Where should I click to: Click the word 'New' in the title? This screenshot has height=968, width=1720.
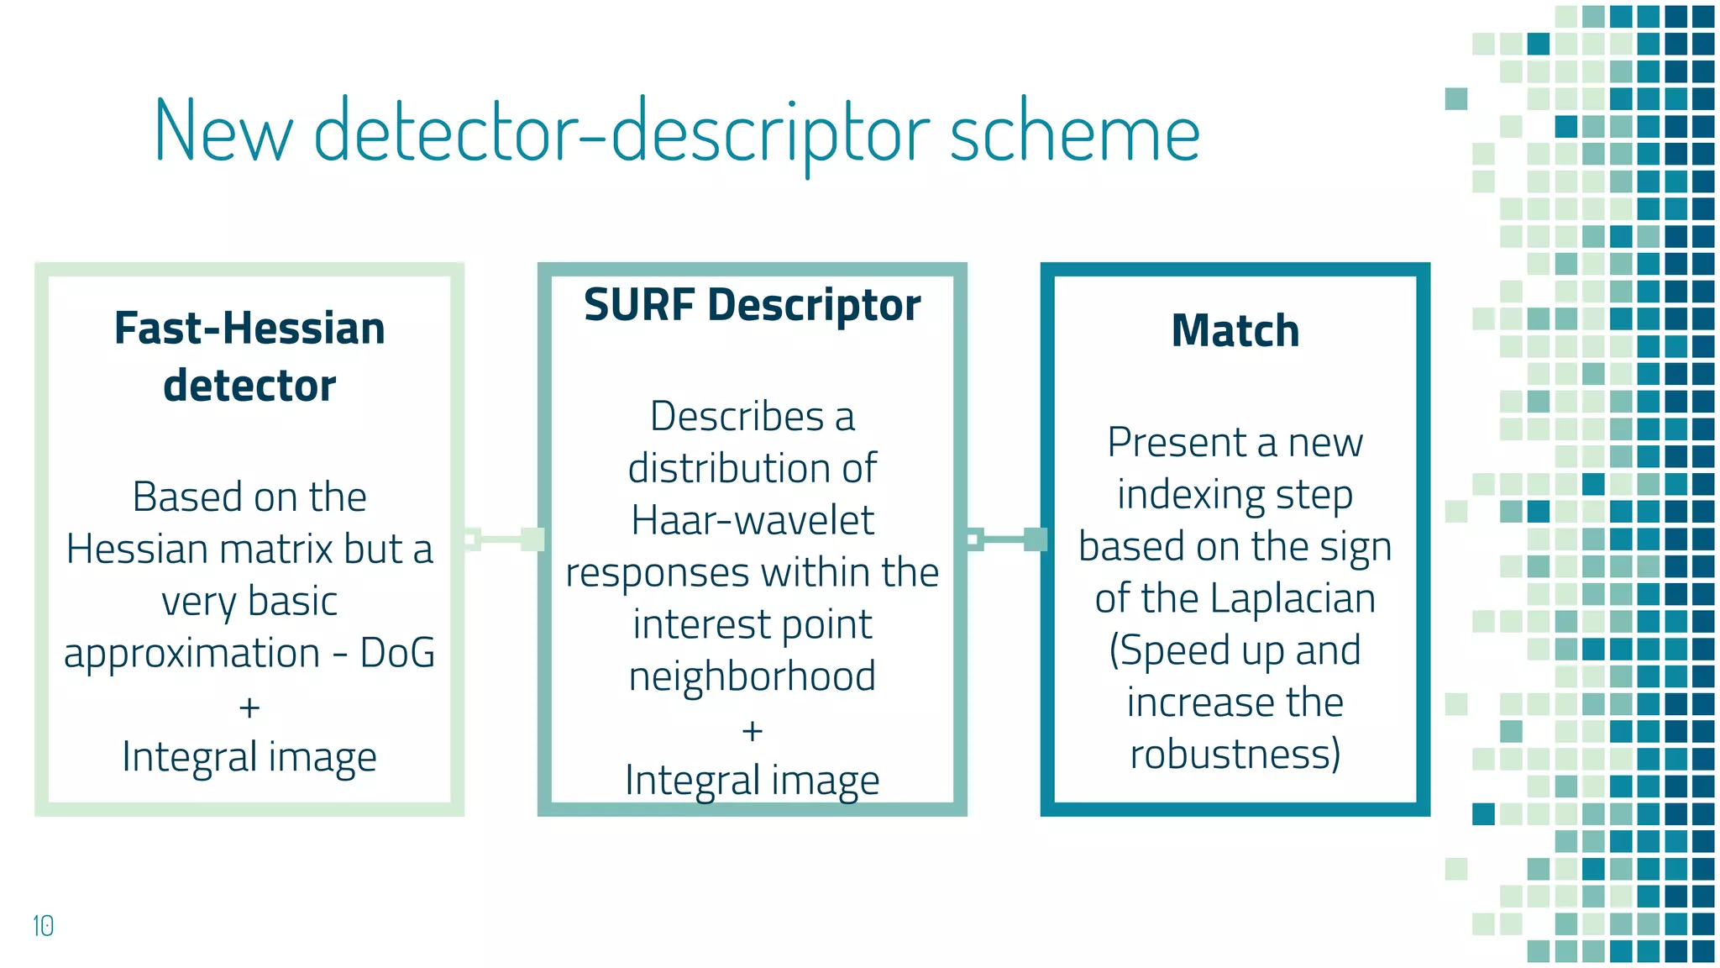click(223, 132)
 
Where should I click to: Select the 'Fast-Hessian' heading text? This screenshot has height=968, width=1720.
click(249, 329)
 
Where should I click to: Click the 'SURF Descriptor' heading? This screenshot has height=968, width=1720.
click(752, 304)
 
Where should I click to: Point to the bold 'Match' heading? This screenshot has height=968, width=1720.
click(1235, 330)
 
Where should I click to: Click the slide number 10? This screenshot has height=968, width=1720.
click(43, 926)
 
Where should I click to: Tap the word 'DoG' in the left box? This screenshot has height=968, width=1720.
click(397, 653)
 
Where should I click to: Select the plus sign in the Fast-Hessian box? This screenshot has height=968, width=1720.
click(249, 708)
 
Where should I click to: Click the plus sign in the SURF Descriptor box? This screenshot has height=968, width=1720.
click(752, 731)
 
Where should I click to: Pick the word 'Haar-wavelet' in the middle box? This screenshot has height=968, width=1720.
click(752, 520)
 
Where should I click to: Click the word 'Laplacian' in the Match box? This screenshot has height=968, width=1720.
click(1293, 599)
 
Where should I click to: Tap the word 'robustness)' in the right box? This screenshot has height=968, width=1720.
click(1235, 754)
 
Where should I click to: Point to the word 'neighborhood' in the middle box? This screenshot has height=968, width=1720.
click(752, 676)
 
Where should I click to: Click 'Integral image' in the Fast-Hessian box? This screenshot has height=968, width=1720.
click(249, 757)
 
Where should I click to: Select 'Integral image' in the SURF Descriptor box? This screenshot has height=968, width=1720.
click(752, 781)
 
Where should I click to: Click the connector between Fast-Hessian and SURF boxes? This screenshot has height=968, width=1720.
click(502, 539)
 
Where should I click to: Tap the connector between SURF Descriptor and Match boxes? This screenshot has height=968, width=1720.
click(1005, 539)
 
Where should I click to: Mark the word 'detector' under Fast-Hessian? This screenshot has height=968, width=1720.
click(249, 386)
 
